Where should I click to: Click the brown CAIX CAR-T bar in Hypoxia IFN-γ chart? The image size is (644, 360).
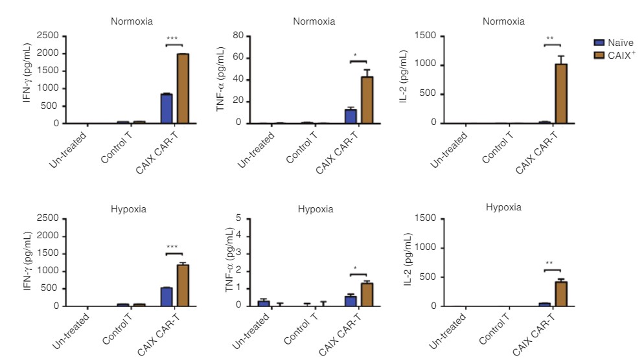(183, 286)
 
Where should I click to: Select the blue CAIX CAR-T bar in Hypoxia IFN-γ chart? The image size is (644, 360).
(167, 297)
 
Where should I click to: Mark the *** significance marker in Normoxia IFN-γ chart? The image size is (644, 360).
(173, 39)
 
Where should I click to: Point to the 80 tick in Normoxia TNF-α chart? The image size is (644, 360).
(238, 36)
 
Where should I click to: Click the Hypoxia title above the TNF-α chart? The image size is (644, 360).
(316, 209)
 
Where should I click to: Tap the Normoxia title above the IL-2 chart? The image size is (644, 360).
(503, 21)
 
